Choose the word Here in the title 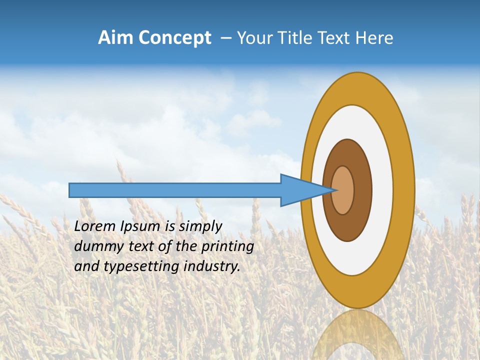coord(374,38)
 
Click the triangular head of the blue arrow coord(300,190)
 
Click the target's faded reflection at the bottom coord(357,335)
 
